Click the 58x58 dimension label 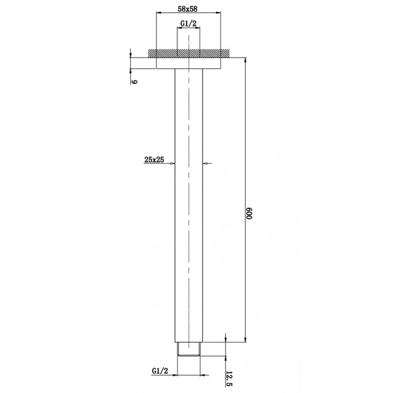188,8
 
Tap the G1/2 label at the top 188,23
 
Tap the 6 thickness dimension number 133,82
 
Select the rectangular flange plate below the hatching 188,62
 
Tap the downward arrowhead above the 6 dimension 131,55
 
